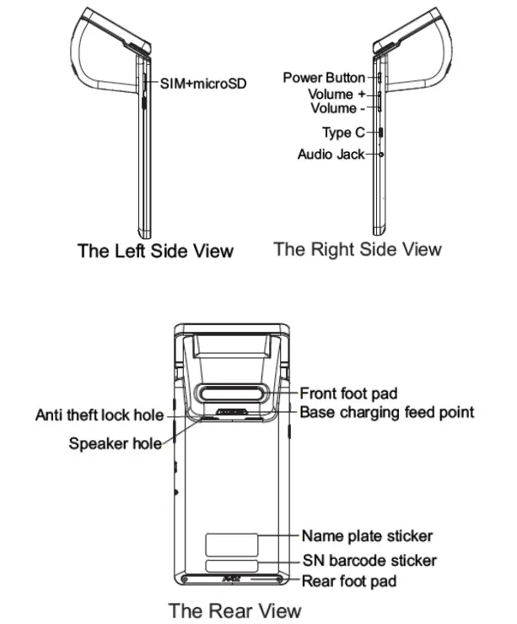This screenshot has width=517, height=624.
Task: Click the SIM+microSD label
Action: click(202, 84)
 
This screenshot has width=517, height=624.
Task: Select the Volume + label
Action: click(331, 95)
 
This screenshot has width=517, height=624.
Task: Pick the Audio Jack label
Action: click(332, 155)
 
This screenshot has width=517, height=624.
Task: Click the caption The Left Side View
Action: click(155, 251)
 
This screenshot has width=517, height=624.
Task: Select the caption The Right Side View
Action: click(358, 249)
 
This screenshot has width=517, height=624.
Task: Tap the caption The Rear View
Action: click(234, 609)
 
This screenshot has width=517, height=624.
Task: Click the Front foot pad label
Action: click(348, 393)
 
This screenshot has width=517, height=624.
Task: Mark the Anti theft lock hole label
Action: click(99, 415)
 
